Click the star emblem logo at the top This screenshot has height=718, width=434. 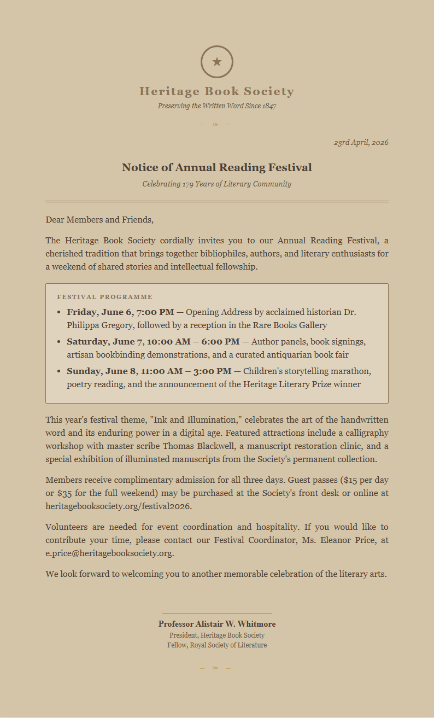(x=217, y=62)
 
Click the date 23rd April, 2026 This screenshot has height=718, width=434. (x=361, y=142)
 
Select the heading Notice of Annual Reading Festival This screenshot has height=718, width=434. (x=217, y=167)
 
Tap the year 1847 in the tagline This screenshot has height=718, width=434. (x=269, y=106)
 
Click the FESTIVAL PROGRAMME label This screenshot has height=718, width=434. (x=104, y=297)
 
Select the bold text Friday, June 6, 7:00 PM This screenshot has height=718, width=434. (x=120, y=312)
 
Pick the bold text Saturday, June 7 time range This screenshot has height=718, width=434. (x=153, y=342)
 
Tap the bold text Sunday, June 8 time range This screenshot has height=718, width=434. (x=149, y=371)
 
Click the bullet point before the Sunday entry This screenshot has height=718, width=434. (x=59, y=371)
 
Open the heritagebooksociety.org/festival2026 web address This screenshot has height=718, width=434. (x=119, y=506)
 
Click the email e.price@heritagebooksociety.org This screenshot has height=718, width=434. (x=109, y=553)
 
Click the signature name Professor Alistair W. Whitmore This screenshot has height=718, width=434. (x=217, y=624)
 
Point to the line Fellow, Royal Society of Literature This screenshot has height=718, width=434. (x=217, y=645)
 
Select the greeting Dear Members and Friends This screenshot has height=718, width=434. (x=99, y=220)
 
